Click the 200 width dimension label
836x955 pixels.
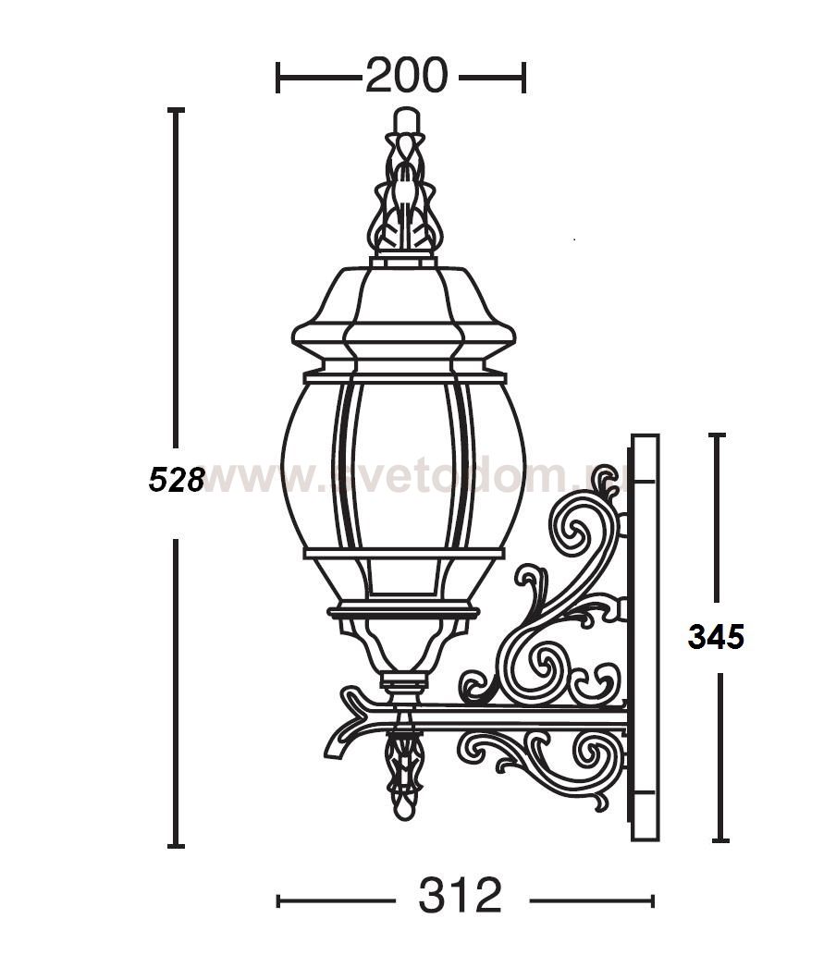[x=406, y=76]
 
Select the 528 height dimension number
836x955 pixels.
[x=176, y=479]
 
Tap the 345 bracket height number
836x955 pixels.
[x=716, y=636]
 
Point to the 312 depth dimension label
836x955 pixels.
[x=460, y=896]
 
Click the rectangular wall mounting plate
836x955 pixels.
[x=644, y=638]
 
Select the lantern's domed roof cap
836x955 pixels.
[x=403, y=310]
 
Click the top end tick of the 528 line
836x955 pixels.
[x=176, y=110]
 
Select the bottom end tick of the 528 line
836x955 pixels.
[x=176, y=845]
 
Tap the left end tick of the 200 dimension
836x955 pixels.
[x=278, y=78]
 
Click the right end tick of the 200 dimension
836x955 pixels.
[x=524, y=78]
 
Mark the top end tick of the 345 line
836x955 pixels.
[x=718, y=435]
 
